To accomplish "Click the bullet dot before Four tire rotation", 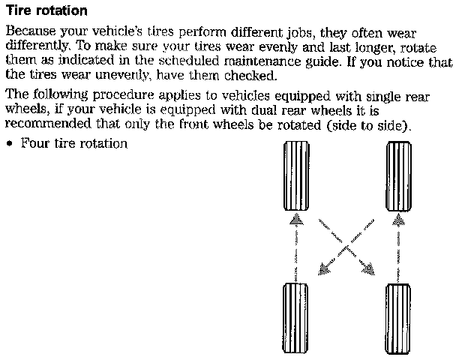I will pyautogui.click(x=9, y=143).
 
